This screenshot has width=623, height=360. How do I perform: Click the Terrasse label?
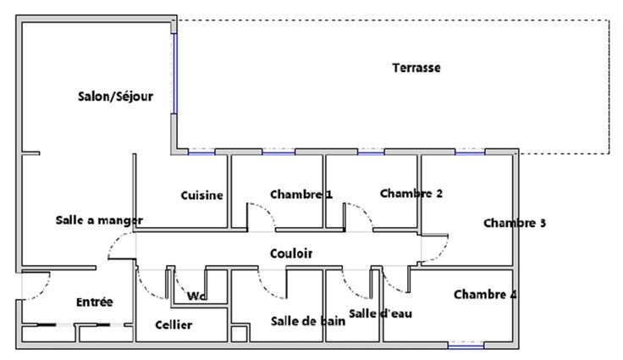pyautogui.click(x=416, y=67)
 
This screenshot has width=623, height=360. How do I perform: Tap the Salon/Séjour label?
pyautogui.click(x=115, y=97)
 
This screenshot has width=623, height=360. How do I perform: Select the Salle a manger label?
pyautogui.click(x=99, y=220)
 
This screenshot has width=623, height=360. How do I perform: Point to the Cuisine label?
pyautogui.click(x=201, y=195)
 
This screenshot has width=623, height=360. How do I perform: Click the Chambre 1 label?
pyautogui.click(x=301, y=194)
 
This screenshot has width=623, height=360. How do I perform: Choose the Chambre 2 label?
pyautogui.click(x=411, y=193)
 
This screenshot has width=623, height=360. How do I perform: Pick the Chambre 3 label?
pyautogui.click(x=515, y=224)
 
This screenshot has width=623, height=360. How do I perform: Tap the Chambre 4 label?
pyautogui.click(x=486, y=295)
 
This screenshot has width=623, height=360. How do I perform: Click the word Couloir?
pyautogui.click(x=291, y=253)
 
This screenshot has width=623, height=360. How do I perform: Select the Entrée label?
pyautogui.click(x=95, y=302)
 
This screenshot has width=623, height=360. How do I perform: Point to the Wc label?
pyautogui.click(x=197, y=296)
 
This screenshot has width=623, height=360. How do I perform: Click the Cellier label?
pyautogui.click(x=174, y=325)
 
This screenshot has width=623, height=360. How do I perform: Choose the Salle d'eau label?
pyautogui.click(x=380, y=314)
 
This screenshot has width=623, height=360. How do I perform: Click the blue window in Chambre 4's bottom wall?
pyautogui.click(x=466, y=346)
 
